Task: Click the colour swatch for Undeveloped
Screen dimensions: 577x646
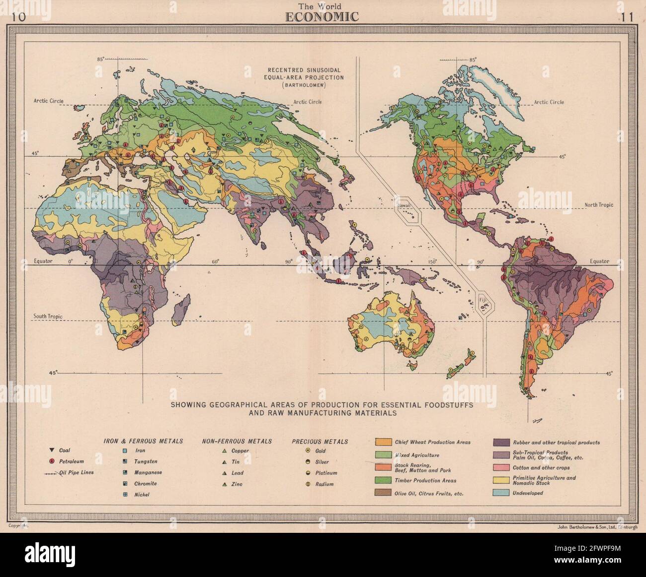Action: pos(500,493)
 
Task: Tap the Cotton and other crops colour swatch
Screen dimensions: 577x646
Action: pos(500,467)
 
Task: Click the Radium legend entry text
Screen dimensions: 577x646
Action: pos(324,484)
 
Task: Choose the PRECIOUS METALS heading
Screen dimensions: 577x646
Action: pos(320,441)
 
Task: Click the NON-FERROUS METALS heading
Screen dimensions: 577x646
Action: pos(237,441)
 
